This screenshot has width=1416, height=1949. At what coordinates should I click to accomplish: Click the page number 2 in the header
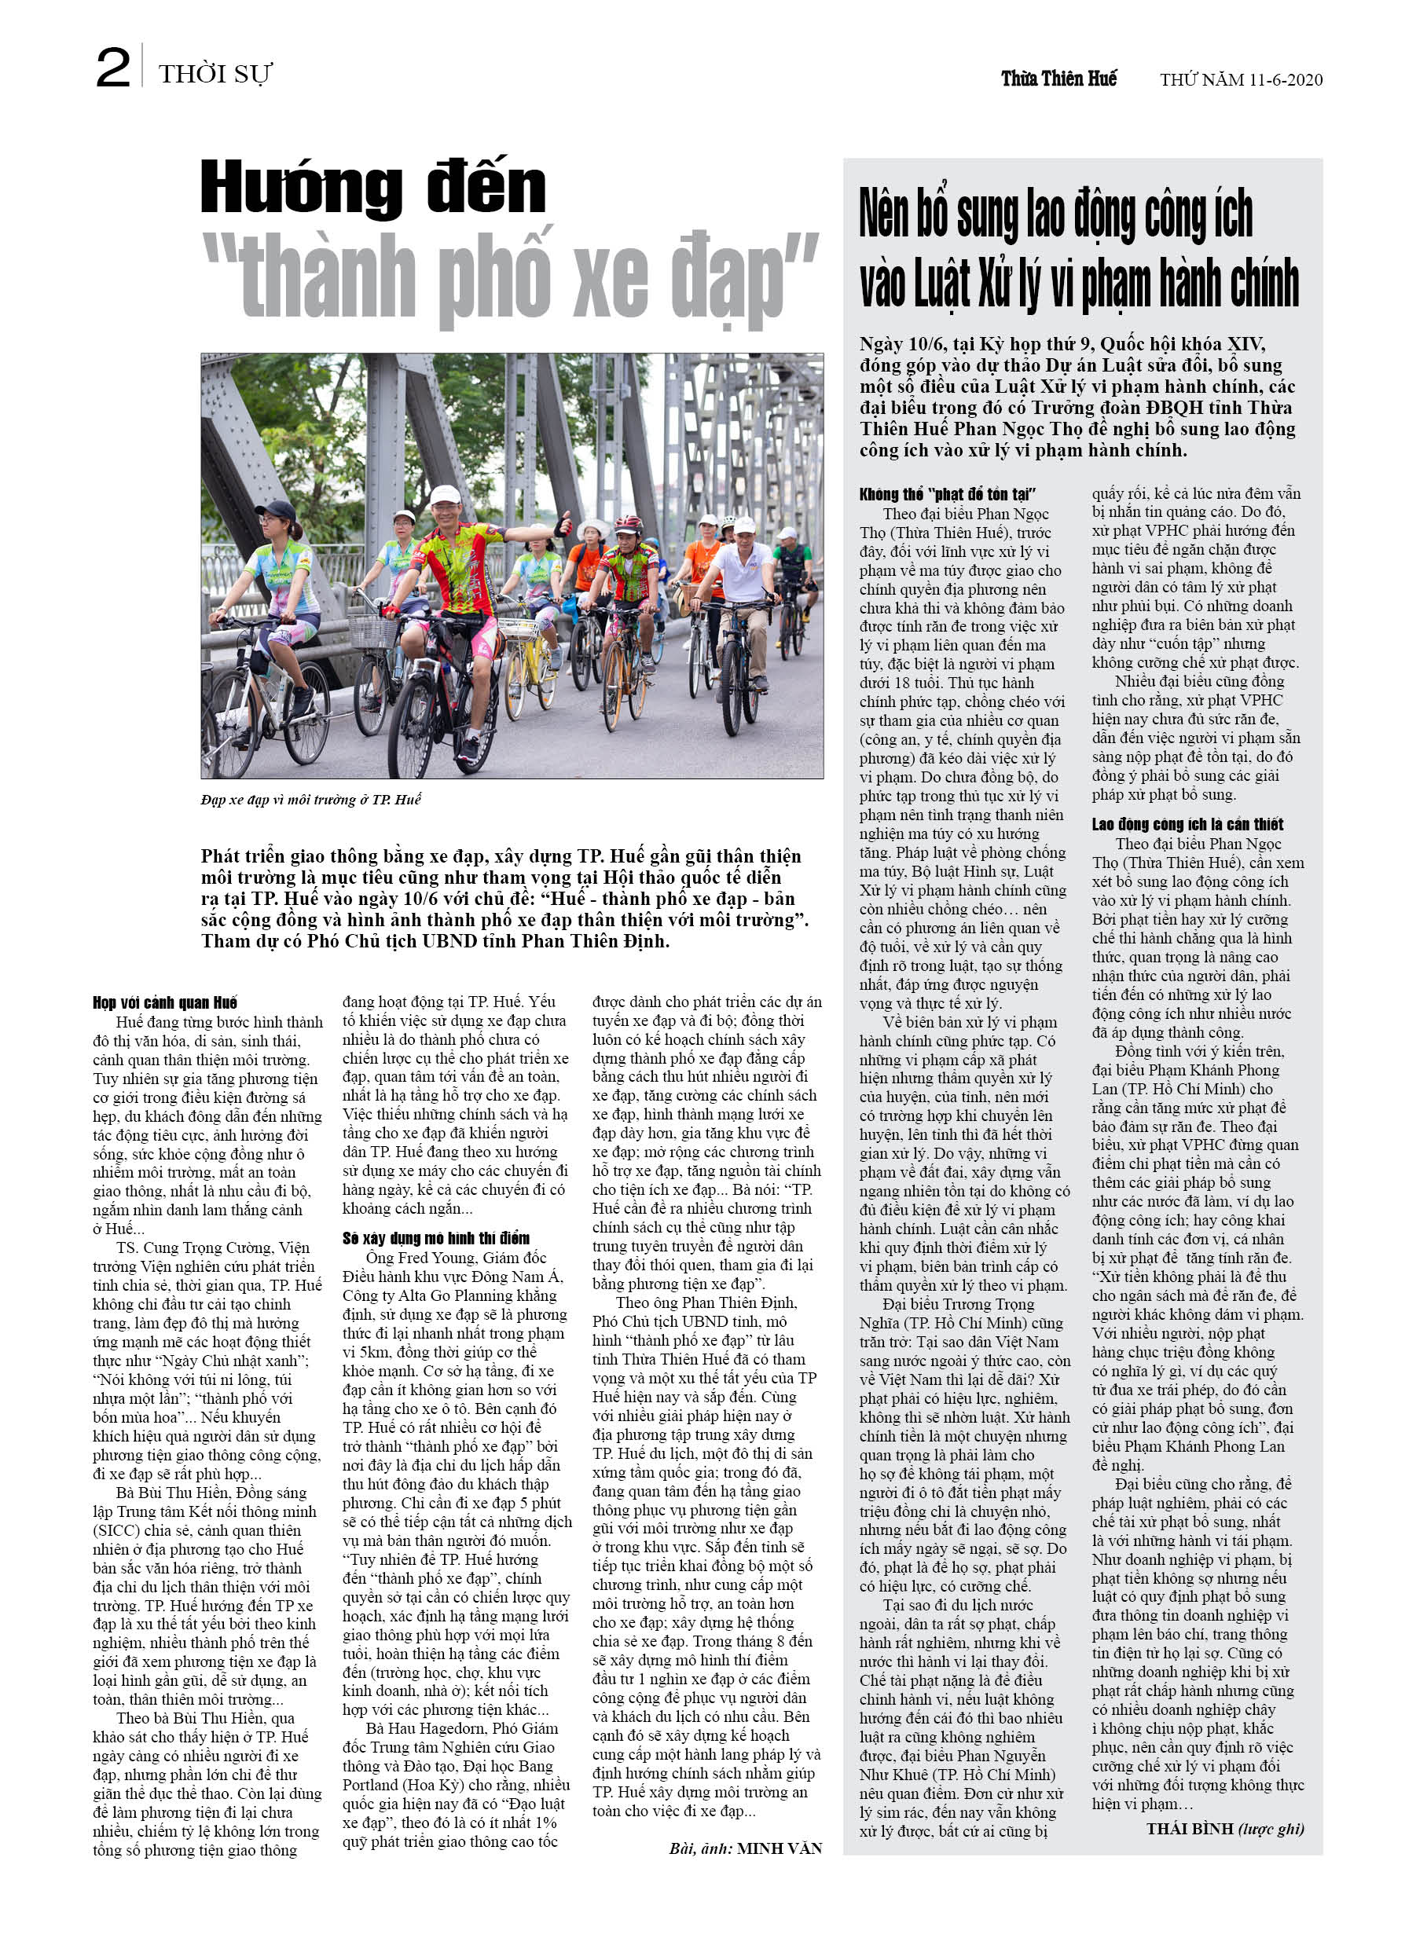(x=112, y=69)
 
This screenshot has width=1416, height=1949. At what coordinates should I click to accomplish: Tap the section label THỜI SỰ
(x=215, y=74)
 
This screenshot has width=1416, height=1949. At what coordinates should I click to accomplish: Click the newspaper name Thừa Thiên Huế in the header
(x=1058, y=79)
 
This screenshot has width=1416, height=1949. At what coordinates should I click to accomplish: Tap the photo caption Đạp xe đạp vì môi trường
(x=310, y=799)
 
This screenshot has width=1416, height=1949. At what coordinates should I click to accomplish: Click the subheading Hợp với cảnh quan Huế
(x=165, y=1002)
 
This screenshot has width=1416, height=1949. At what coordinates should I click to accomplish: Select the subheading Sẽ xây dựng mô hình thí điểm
(x=436, y=1237)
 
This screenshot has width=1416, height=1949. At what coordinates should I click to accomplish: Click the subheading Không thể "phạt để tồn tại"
(x=948, y=493)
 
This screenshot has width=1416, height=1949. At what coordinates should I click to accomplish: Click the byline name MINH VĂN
(x=779, y=1848)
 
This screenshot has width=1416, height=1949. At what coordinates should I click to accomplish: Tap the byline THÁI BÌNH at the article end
(x=1190, y=1828)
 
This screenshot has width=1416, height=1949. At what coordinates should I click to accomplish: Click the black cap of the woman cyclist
(x=275, y=510)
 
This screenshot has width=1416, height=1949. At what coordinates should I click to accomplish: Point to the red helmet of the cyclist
(x=628, y=523)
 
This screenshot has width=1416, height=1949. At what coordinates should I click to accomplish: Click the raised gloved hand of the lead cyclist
(x=564, y=524)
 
